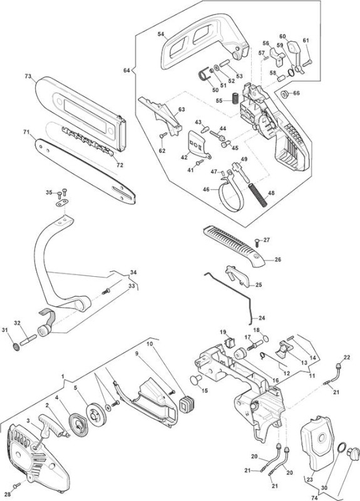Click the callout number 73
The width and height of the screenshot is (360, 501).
click(28, 76)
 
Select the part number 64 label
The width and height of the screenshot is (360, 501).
click(126, 70)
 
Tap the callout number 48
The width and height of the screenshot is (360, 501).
click(271, 193)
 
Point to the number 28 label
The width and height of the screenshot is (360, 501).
click(8, 494)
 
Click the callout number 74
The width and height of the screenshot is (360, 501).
click(315, 497)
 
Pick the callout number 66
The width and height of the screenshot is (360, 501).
click(296, 93)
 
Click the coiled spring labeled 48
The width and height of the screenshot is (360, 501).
click(257, 195)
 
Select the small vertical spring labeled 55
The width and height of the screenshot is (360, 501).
click(235, 98)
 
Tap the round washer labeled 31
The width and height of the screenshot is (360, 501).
click(14, 347)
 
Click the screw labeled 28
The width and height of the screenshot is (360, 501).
click(17, 486)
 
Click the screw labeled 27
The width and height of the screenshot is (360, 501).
click(257, 242)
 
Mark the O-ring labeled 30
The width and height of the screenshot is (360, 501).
click(341, 447)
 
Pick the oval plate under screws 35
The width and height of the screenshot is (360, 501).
click(62, 202)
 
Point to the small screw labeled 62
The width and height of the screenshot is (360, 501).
click(163, 135)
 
